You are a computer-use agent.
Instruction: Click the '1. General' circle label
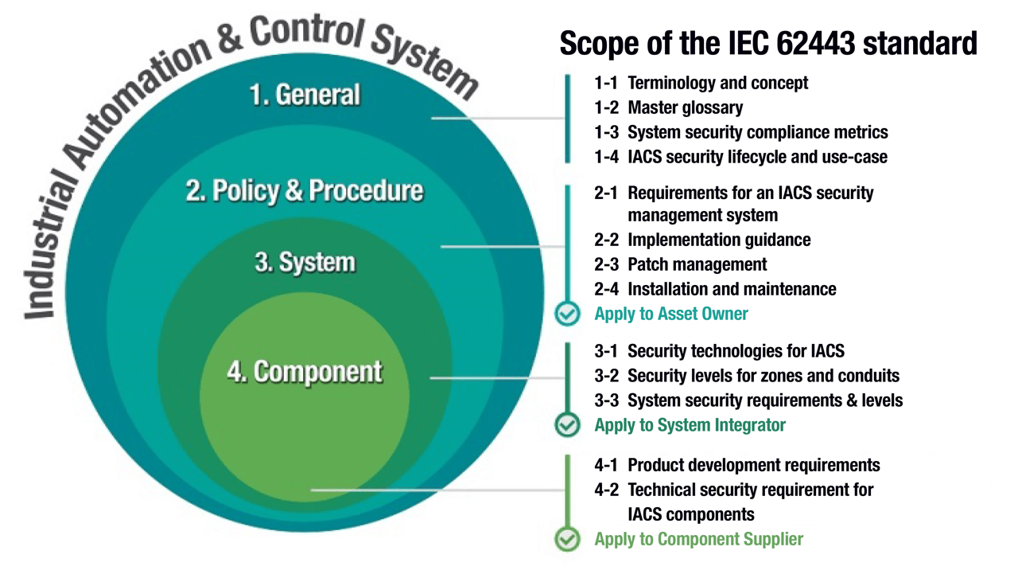305,95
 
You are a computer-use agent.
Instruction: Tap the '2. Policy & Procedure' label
305,192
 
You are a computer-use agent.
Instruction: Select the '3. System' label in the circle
305,263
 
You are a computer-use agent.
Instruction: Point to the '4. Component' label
305,372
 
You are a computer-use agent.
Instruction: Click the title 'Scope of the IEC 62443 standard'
768,43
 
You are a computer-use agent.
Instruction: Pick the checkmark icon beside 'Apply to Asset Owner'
567,314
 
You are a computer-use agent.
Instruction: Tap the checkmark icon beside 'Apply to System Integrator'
567,425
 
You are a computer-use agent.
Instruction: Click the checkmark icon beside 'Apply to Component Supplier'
567,539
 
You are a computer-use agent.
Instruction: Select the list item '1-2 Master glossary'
668,107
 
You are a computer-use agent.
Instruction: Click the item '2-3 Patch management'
680,264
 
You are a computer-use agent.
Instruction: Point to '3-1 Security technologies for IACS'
719,351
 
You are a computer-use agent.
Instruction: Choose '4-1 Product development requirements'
736,465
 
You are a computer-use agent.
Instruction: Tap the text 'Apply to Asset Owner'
671,314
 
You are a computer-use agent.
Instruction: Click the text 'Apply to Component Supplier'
698,539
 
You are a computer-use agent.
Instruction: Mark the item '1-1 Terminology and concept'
701,83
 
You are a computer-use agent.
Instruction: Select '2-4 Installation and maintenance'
715,289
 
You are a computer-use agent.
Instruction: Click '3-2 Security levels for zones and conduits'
747,375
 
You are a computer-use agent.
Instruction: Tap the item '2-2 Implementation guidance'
702,240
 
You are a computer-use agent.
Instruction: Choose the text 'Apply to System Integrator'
690,425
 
